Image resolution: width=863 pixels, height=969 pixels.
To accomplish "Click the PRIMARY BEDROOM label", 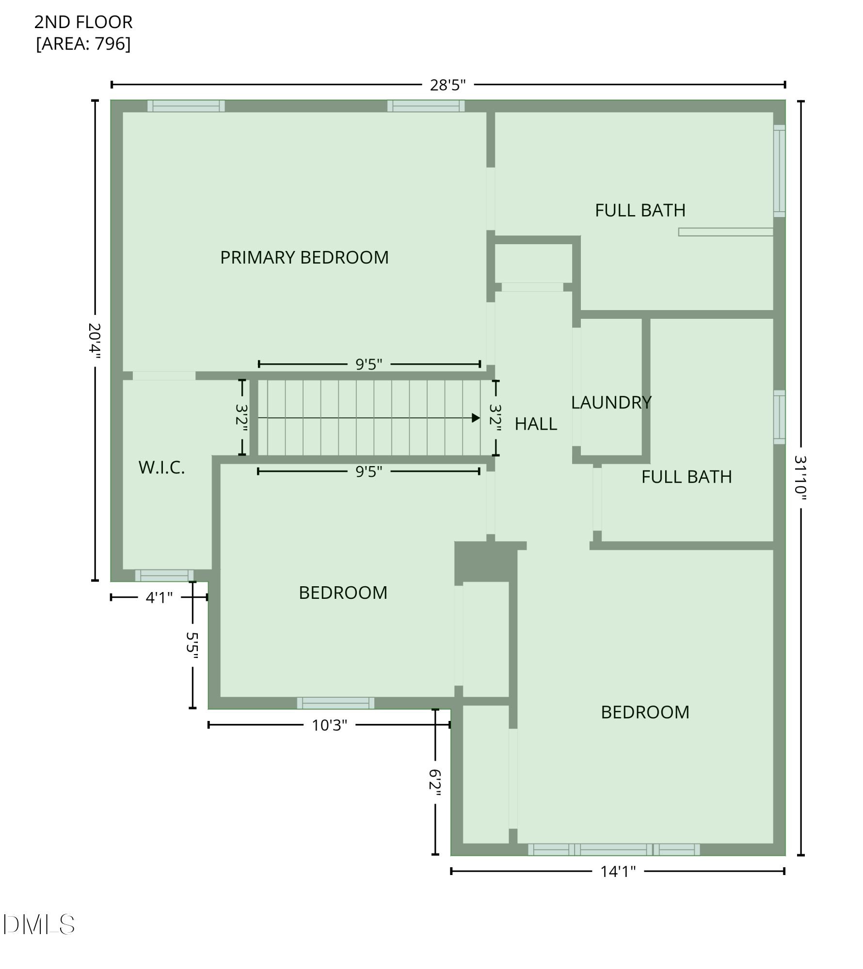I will [x=304, y=257].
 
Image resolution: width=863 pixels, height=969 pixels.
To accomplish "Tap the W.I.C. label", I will [x=161, y=468].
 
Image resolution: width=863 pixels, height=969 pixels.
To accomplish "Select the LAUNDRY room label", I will [x=611, y=403].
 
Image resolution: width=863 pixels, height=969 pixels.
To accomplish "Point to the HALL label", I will [x=536, y=424].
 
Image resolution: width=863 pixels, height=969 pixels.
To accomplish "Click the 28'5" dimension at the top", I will [x=447, y=85].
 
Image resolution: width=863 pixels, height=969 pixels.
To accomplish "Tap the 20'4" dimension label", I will [x=95, y=341].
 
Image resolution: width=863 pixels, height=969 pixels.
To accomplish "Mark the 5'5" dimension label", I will [x=192, y=645].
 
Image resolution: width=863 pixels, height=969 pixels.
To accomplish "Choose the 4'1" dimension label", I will [x=159, y=598].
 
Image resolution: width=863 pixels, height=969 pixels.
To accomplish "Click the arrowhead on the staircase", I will [x=476, y=418].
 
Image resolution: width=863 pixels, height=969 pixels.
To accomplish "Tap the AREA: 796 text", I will [x=83, y=44].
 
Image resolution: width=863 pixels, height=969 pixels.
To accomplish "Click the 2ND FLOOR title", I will [x=83, y=22].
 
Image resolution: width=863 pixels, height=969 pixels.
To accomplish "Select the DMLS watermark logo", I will [x=39, y=924].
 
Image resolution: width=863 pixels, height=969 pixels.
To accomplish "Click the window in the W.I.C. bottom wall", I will [x=164, y=575].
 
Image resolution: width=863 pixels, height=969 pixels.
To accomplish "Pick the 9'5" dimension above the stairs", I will [x=369, y=364].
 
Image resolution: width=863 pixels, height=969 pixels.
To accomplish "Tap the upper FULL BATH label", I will [x=640, y=210].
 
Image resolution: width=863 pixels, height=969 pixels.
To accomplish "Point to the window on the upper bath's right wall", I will [x=779, y=171].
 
